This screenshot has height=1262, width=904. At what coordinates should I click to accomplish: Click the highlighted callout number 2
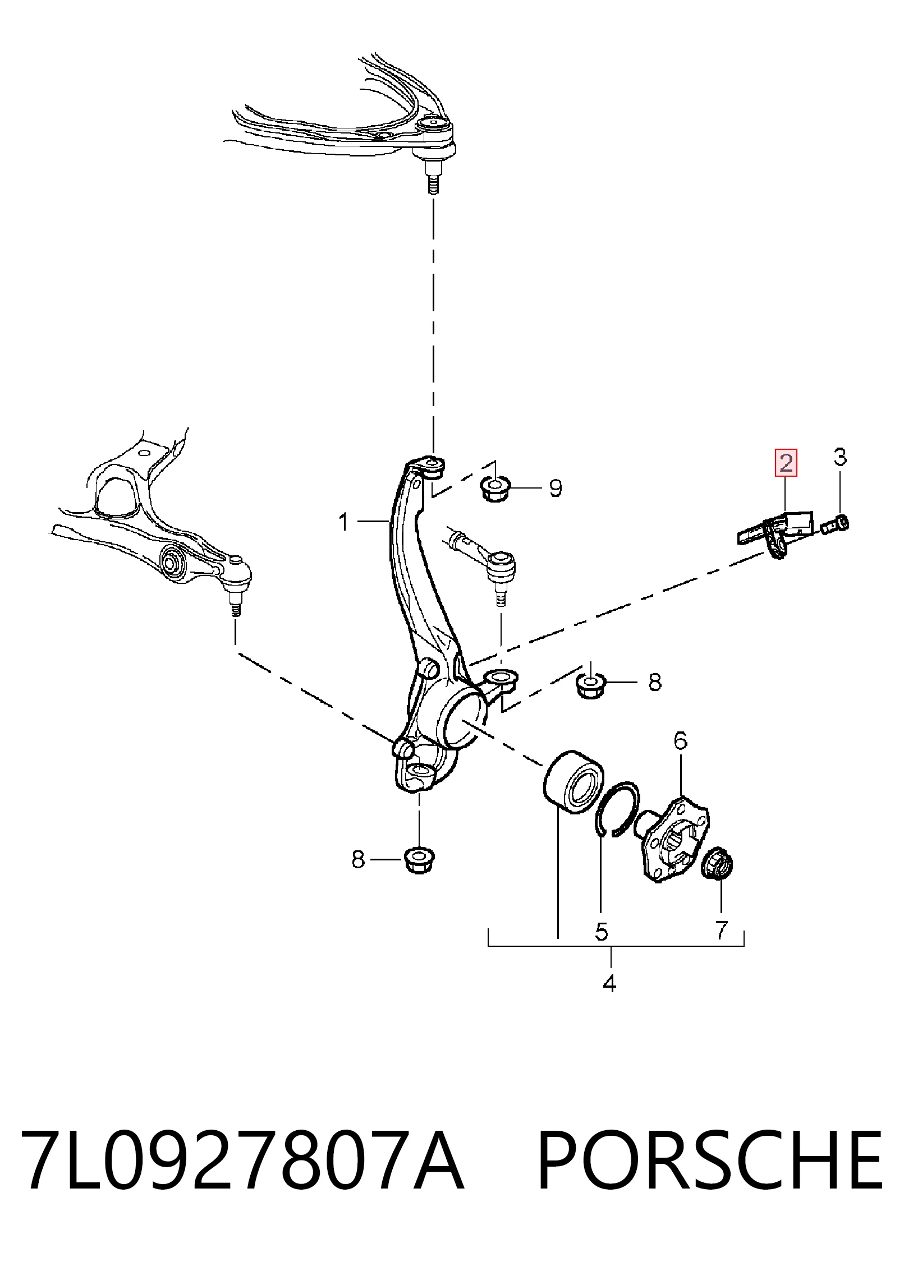(786, 463)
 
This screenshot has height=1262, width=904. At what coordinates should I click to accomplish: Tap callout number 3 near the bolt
(839, 457)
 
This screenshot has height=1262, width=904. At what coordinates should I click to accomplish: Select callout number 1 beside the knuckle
(344, 523)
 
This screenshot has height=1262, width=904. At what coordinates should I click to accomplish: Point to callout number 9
(555, 488)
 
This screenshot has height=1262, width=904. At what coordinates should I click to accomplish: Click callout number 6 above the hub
(680, 741)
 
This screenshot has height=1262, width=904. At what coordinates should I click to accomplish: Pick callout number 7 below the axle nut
(721, 930)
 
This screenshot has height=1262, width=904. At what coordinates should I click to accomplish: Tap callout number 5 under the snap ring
(601, 932)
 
